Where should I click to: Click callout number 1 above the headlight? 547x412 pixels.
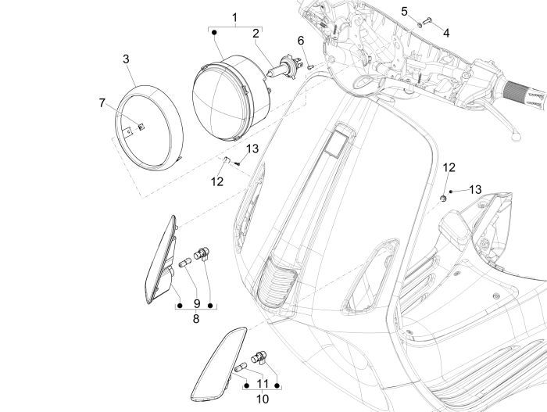coord(233,16)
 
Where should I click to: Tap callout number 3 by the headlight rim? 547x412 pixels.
coord(126,59)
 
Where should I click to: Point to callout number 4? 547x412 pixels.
coord(445,33)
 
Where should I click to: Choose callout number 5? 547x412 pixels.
coord(404,11)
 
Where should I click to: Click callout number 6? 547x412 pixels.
coord(300,41)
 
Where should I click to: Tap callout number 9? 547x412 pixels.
coord(195,303)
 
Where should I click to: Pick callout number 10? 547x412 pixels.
coord(262,399)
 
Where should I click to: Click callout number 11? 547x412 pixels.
coord(262,384)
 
